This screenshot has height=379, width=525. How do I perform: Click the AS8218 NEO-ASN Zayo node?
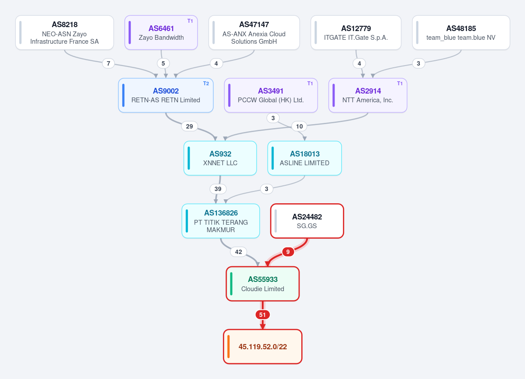pos(65,33)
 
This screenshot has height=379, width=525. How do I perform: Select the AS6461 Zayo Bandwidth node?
pos(161,33)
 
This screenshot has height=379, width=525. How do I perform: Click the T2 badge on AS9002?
pos(206,83)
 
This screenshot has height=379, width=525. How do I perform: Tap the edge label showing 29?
pos(190,126)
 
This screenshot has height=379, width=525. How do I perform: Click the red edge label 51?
pos(263,315)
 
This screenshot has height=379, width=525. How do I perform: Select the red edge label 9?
pos(288,252)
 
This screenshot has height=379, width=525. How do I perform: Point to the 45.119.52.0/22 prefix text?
pos(263,347)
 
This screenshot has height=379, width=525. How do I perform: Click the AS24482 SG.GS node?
pos(307,221)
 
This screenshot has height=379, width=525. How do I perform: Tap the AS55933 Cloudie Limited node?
pos(263,284)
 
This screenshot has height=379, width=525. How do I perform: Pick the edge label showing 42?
pos(238,252)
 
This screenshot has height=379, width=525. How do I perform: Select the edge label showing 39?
pos(218,189)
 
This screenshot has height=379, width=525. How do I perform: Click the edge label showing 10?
pos(299,126)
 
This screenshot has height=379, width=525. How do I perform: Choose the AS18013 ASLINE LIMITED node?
pos(305,158)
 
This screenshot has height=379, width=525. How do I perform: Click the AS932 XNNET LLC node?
pos(220,158)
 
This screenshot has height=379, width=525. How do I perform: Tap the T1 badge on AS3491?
pos(310,83)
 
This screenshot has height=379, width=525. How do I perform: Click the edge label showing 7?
pos(109,63)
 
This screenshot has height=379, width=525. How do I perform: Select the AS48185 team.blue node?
pos(461,33)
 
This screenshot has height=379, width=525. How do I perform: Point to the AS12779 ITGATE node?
pos(356,33)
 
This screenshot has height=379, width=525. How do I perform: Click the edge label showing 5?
pos(163,63)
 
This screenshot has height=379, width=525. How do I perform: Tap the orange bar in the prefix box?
pos(229,347)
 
